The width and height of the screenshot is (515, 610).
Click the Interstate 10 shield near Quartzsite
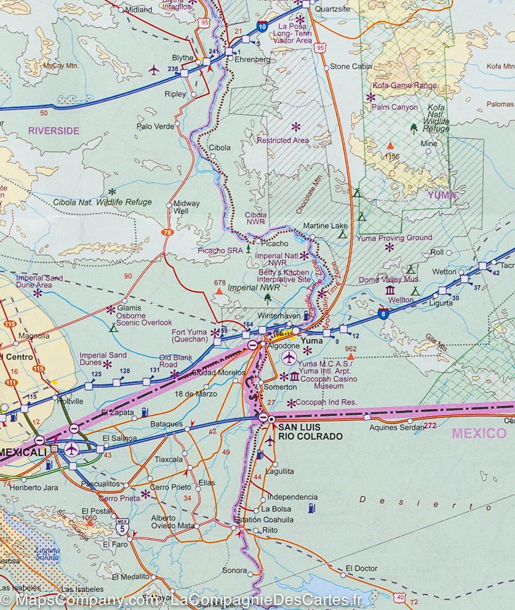(261, 27)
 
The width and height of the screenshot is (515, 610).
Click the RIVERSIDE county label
(53, 131)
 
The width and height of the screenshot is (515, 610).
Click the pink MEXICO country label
(479, 433)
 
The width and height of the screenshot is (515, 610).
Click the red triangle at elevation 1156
(390, 145)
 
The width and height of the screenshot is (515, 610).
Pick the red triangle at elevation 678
(219, 292)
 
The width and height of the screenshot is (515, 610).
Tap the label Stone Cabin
(351, 66)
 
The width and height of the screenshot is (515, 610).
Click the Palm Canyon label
(395, 107)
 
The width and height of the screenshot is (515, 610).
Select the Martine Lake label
(325, 226)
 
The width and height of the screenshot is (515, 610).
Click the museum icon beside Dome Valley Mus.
(390, 290)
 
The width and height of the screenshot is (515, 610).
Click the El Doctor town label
(361, 568)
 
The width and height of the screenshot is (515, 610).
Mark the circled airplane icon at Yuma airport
(289, 357)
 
